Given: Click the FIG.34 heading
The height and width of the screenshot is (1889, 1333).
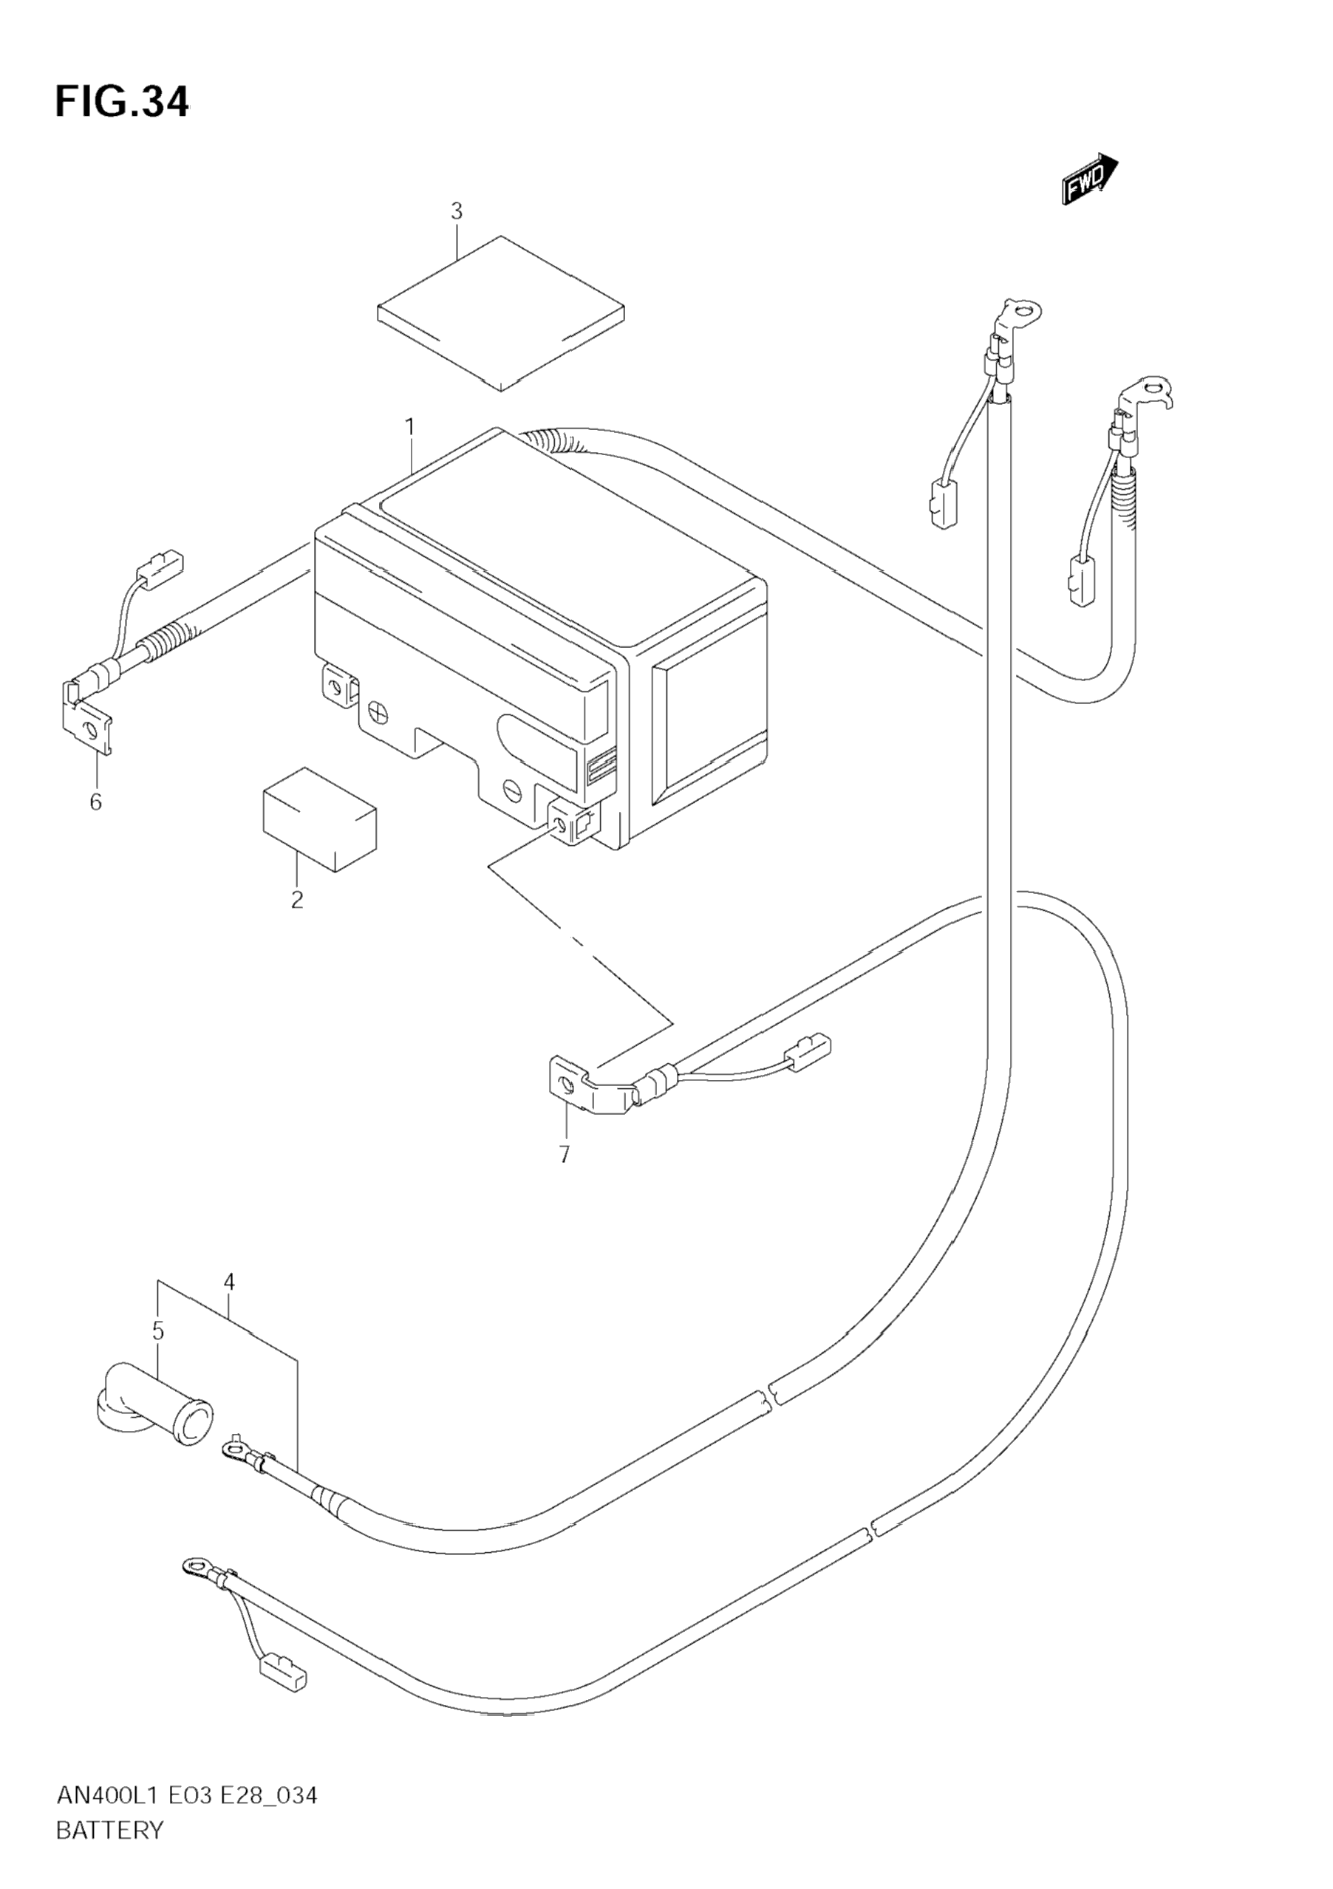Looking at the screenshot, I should click(122, 103).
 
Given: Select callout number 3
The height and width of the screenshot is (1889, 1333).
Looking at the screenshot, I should click(457, 211).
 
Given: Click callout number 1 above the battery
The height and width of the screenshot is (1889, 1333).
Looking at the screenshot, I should click(409, 428).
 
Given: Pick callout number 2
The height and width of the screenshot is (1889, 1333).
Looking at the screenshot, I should click(297, 899).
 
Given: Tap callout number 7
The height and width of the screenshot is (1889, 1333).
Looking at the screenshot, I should click(565, 1155).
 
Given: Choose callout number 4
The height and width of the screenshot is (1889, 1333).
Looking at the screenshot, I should click(229, 1282).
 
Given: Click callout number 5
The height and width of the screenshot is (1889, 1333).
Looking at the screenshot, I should click(158, 1331).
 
